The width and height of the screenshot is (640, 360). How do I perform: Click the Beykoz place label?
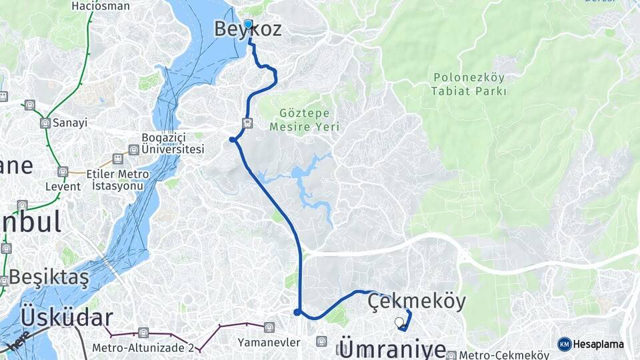point(247,29)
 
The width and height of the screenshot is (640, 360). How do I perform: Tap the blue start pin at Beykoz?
point(248,25)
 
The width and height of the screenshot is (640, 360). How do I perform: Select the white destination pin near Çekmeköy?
point(399,323)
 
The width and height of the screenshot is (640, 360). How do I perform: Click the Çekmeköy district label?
point(417,301)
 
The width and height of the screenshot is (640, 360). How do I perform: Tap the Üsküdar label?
point(67,317)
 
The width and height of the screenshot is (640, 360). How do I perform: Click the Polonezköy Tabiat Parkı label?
point(469,84)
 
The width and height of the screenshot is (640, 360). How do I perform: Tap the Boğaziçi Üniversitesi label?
point(173,144)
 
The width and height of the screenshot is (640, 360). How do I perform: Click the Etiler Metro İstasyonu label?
point(117,179)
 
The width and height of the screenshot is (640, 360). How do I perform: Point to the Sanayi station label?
point(71,123)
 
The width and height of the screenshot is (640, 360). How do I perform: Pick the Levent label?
point(63,186)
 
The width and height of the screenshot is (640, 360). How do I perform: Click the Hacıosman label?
point(101,6)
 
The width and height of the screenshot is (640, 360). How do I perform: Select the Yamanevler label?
point(269,342)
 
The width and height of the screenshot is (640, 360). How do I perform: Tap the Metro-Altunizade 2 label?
point(143,347)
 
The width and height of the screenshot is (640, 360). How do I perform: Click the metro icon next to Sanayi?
point(45,123)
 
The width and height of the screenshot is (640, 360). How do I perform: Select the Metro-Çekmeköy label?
point(507,355)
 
